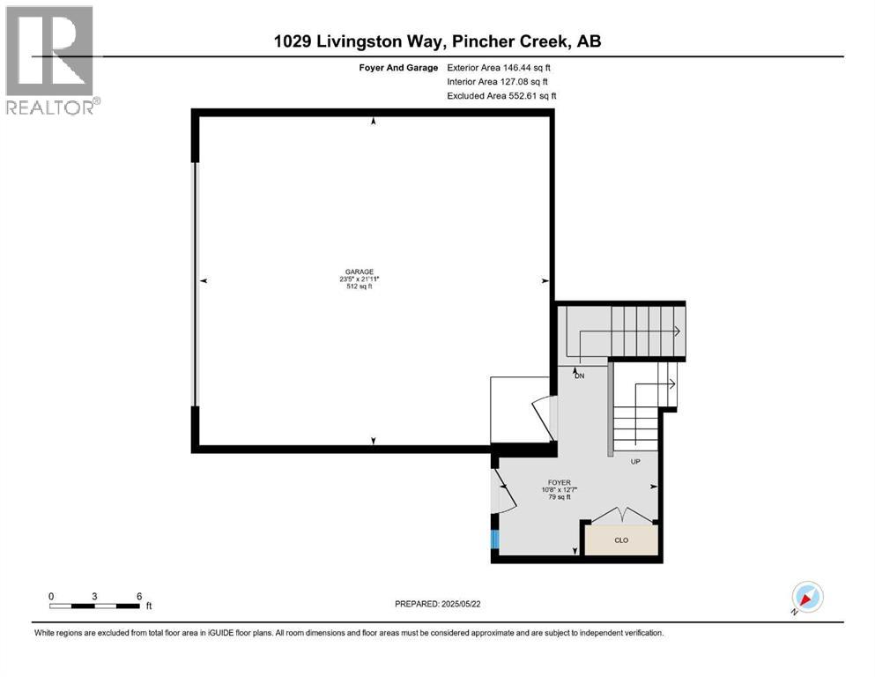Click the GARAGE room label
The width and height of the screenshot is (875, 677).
click(359, 272)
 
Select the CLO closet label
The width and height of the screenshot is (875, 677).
click(621, 539)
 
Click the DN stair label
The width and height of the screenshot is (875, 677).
click(579, 376)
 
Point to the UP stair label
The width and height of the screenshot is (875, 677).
click(634, 461)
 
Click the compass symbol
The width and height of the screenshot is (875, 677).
click(807, 597)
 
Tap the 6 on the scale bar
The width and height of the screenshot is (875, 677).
click(139, 596)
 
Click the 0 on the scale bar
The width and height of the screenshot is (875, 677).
click(51, 596)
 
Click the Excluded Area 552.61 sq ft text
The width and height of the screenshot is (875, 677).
click(501, 95)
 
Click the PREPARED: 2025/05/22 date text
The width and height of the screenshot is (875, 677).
click(440, 604)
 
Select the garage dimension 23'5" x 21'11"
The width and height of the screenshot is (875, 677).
click(359, 279)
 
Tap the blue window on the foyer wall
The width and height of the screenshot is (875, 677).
click(495, 540)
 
